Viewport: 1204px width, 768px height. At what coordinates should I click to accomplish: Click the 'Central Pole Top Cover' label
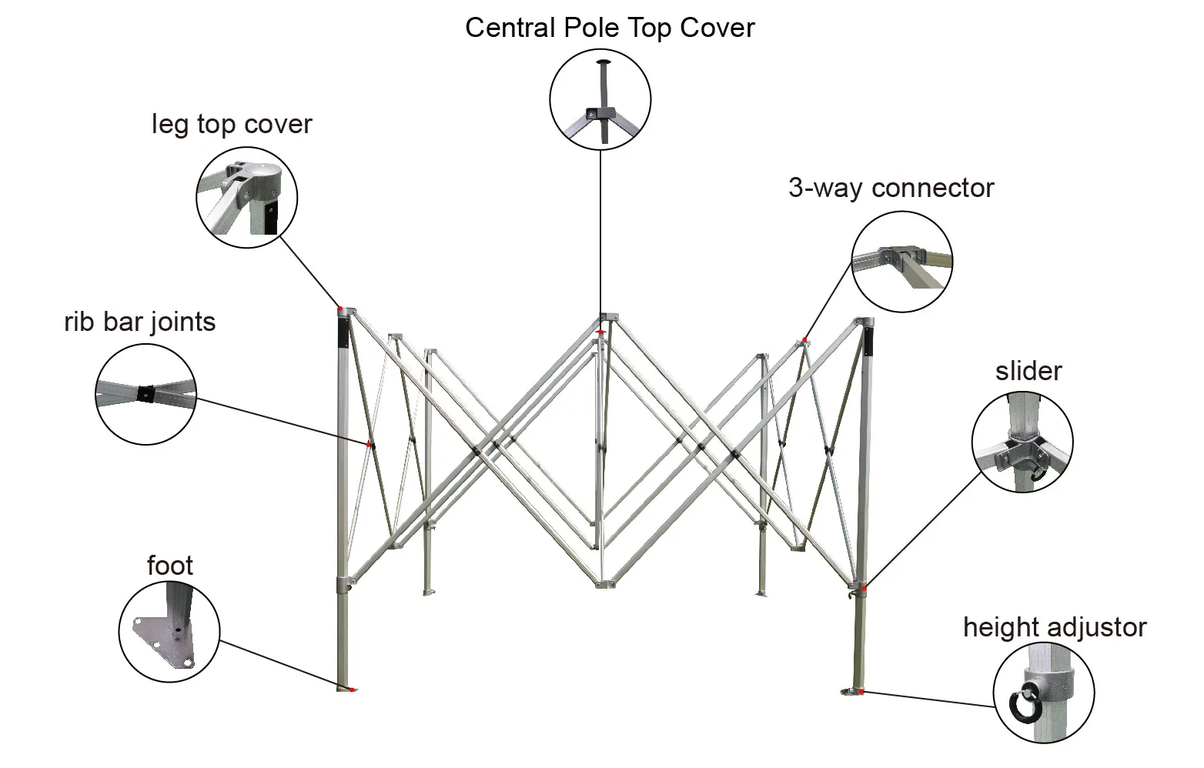610,28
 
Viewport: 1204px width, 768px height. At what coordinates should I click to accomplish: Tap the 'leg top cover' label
232,124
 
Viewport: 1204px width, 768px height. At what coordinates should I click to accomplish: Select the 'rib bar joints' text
139,321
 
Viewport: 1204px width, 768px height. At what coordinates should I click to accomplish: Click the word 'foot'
169,566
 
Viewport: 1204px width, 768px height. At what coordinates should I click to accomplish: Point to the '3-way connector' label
891,188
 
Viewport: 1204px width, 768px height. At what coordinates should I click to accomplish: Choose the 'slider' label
1028,371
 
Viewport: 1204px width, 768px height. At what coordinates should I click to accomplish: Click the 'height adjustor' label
1054,627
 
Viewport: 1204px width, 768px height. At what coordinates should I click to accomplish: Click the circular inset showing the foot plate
169,631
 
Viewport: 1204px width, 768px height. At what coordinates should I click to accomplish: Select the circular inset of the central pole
600,100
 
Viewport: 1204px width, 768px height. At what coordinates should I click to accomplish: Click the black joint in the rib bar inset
145,394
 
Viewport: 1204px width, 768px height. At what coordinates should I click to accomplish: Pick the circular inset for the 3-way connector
901,262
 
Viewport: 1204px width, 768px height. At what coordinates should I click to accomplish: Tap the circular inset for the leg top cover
246,197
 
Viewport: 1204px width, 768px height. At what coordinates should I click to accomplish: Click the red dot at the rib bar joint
370,445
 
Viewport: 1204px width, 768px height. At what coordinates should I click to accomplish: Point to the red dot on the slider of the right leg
865,589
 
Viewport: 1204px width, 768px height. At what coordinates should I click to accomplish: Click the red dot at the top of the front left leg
339,309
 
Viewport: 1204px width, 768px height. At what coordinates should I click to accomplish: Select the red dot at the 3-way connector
804,339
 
